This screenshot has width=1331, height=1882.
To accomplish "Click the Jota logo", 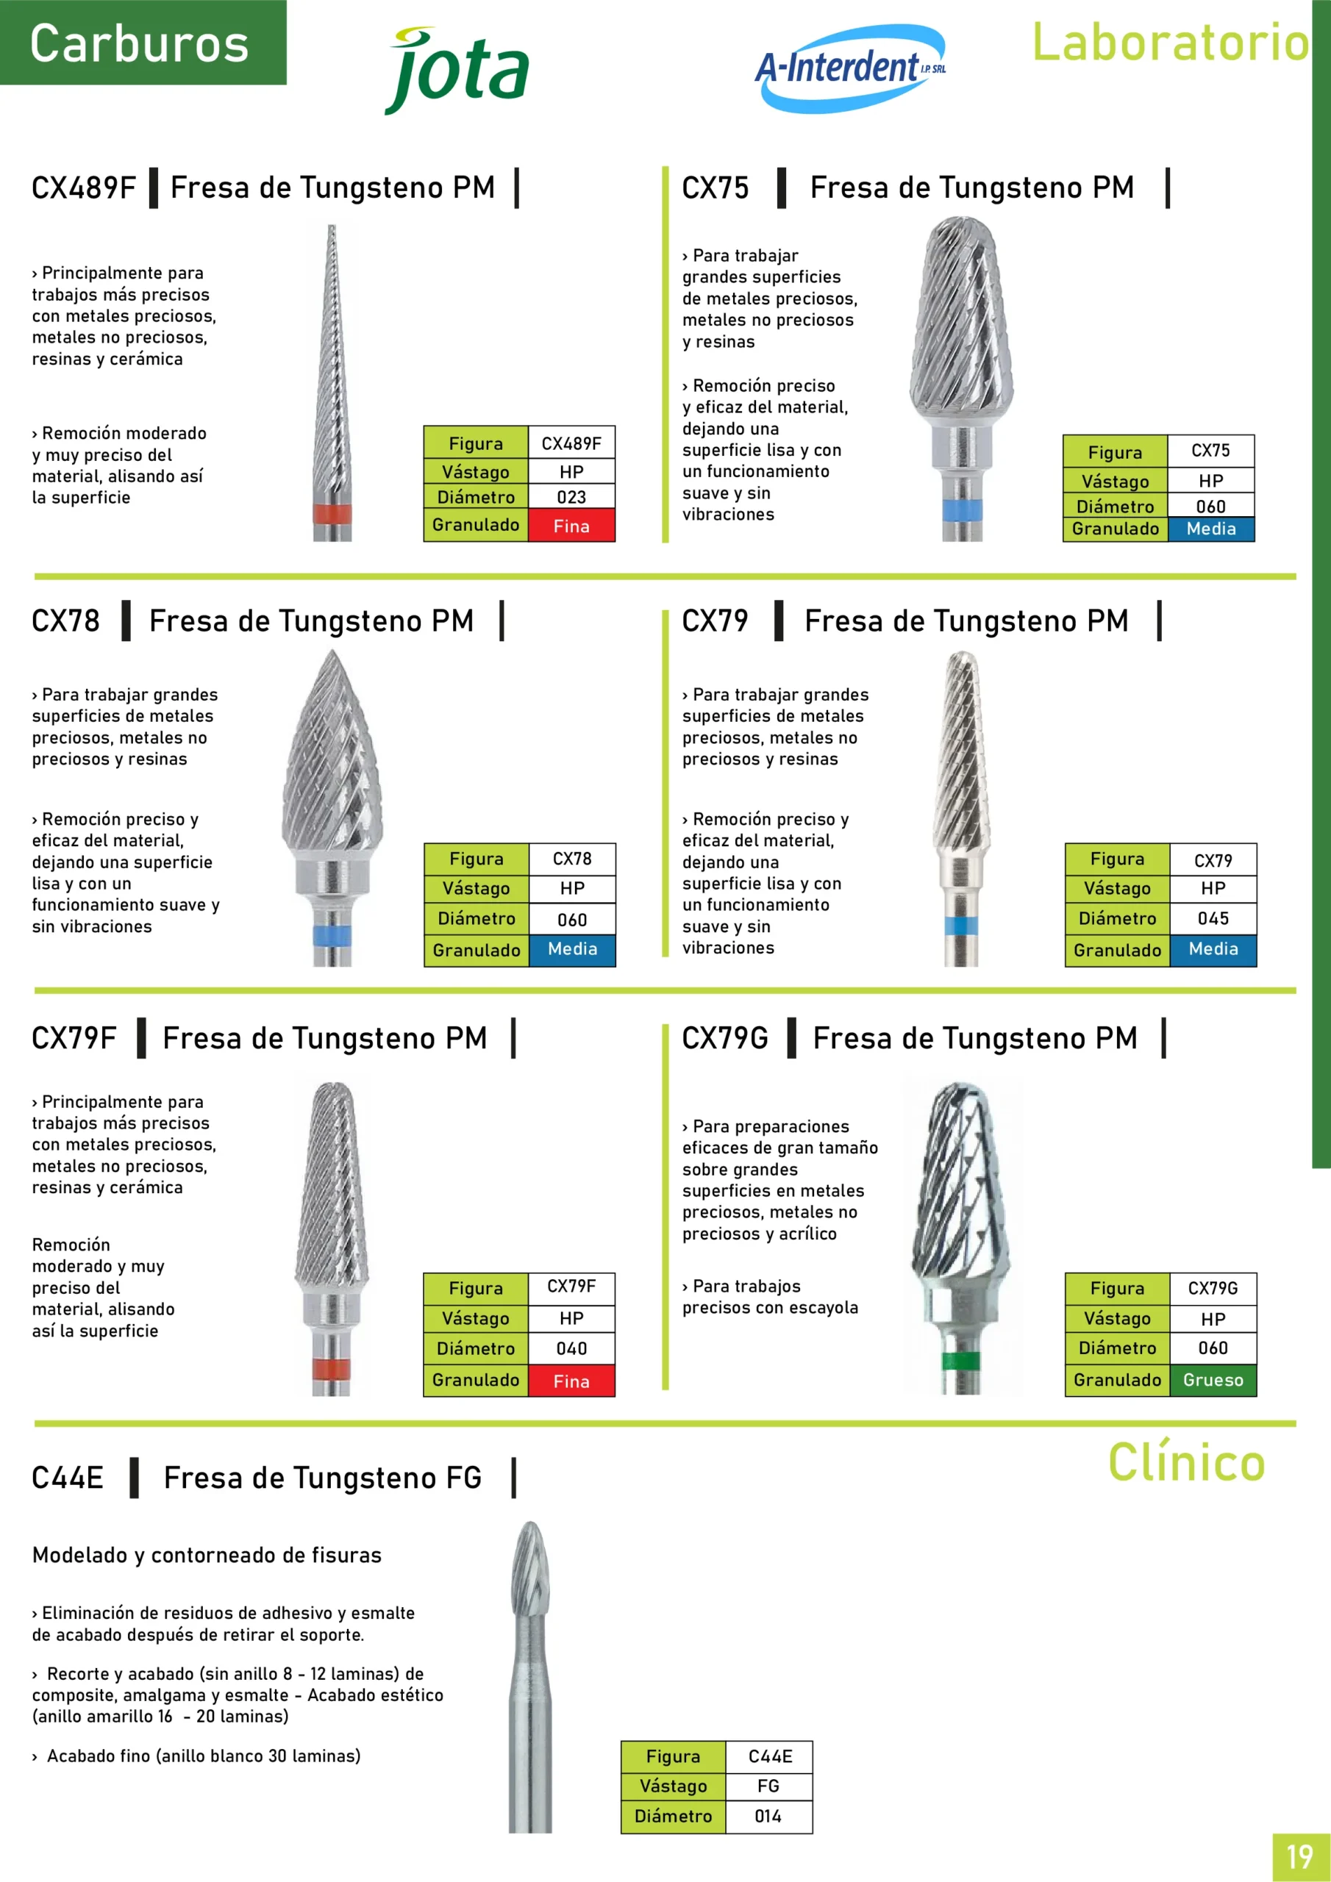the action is (457, 71).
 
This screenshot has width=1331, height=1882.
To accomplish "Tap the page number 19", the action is (1300, 1856).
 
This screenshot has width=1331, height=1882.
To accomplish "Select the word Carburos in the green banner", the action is (140, 43).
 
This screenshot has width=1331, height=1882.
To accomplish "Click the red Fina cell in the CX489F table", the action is (571, 526).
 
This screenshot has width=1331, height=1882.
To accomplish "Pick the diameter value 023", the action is (571, 497).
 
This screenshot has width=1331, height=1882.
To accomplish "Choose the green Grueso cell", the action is (1213, 1380).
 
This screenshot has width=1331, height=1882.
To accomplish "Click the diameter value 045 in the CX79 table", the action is (1213, 918).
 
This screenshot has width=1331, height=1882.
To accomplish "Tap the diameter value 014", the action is (768, 1816).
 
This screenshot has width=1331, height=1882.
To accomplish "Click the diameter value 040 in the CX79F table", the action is (571, 1348).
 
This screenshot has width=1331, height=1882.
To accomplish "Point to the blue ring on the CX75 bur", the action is (962, 510).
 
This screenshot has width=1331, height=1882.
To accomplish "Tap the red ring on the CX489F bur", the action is (332, 515).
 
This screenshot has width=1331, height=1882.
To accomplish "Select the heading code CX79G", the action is (725, 1038).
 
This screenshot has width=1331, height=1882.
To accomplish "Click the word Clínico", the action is (1187, 1462).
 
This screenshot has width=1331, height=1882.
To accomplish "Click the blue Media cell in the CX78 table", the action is (572, 949).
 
